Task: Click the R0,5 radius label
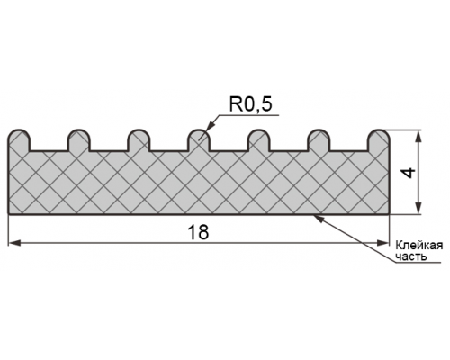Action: click(250, 105)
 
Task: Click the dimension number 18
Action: click(198, 232)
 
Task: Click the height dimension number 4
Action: click(409, 173)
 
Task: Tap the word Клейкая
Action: click(419, 246)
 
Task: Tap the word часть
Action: click(411, 256)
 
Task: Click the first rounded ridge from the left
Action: click(19, 140)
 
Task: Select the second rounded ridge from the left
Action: click(79, 140)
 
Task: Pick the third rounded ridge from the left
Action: click(139, 140)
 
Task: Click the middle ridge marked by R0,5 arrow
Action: click(198, 140)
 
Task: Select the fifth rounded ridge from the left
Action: click(260, 140)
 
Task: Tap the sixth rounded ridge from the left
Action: click(319, 140)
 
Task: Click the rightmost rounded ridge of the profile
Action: click(379, 140)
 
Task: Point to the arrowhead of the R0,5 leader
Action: click(210, 127)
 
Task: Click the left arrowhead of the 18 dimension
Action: click(14, 243)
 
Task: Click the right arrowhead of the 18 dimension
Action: click(383, 243)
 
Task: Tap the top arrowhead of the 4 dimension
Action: click(419, 136)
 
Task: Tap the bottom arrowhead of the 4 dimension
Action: click(419, 208)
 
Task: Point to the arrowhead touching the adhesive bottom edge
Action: click(319, 219)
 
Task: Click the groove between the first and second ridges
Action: click(49, 150)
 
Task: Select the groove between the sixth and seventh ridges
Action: click(349, 150)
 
